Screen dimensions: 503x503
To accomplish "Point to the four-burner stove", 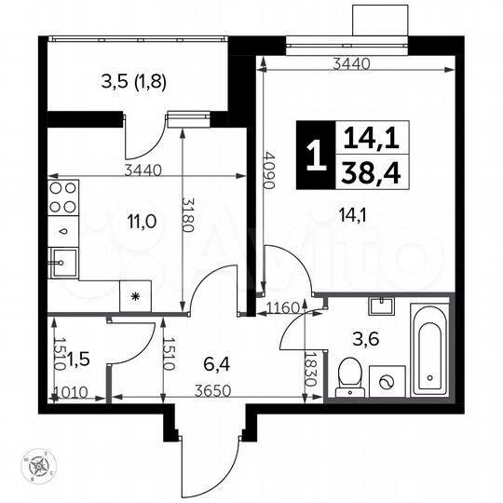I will coord(62,197).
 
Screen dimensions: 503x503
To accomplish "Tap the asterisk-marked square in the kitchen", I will coord(135,296).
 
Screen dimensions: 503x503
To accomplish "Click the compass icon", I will coord(38,466).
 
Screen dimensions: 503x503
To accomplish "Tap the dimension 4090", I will coord(268,170).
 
